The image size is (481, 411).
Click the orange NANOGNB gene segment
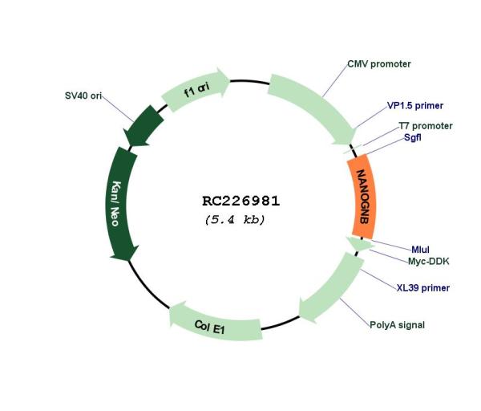coord(362,197)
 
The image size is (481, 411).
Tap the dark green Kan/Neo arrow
coord(121,203)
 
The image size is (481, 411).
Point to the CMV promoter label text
coord(379,64)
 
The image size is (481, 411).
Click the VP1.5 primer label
coord(415,106)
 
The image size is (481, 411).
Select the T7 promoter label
coord(426,126)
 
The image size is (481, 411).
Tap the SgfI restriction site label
coord(412,137)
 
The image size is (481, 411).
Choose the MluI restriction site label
coord(420,250)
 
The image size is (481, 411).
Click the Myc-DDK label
coord(428,262)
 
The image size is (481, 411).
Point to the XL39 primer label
coord(423,288)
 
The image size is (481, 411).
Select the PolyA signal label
coord(398,325)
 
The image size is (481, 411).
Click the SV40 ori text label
coord(83,96)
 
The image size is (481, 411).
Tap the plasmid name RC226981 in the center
coord(240,201)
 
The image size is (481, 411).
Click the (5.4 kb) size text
coord(235,220)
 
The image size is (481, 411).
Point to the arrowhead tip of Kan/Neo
coord(129,261)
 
